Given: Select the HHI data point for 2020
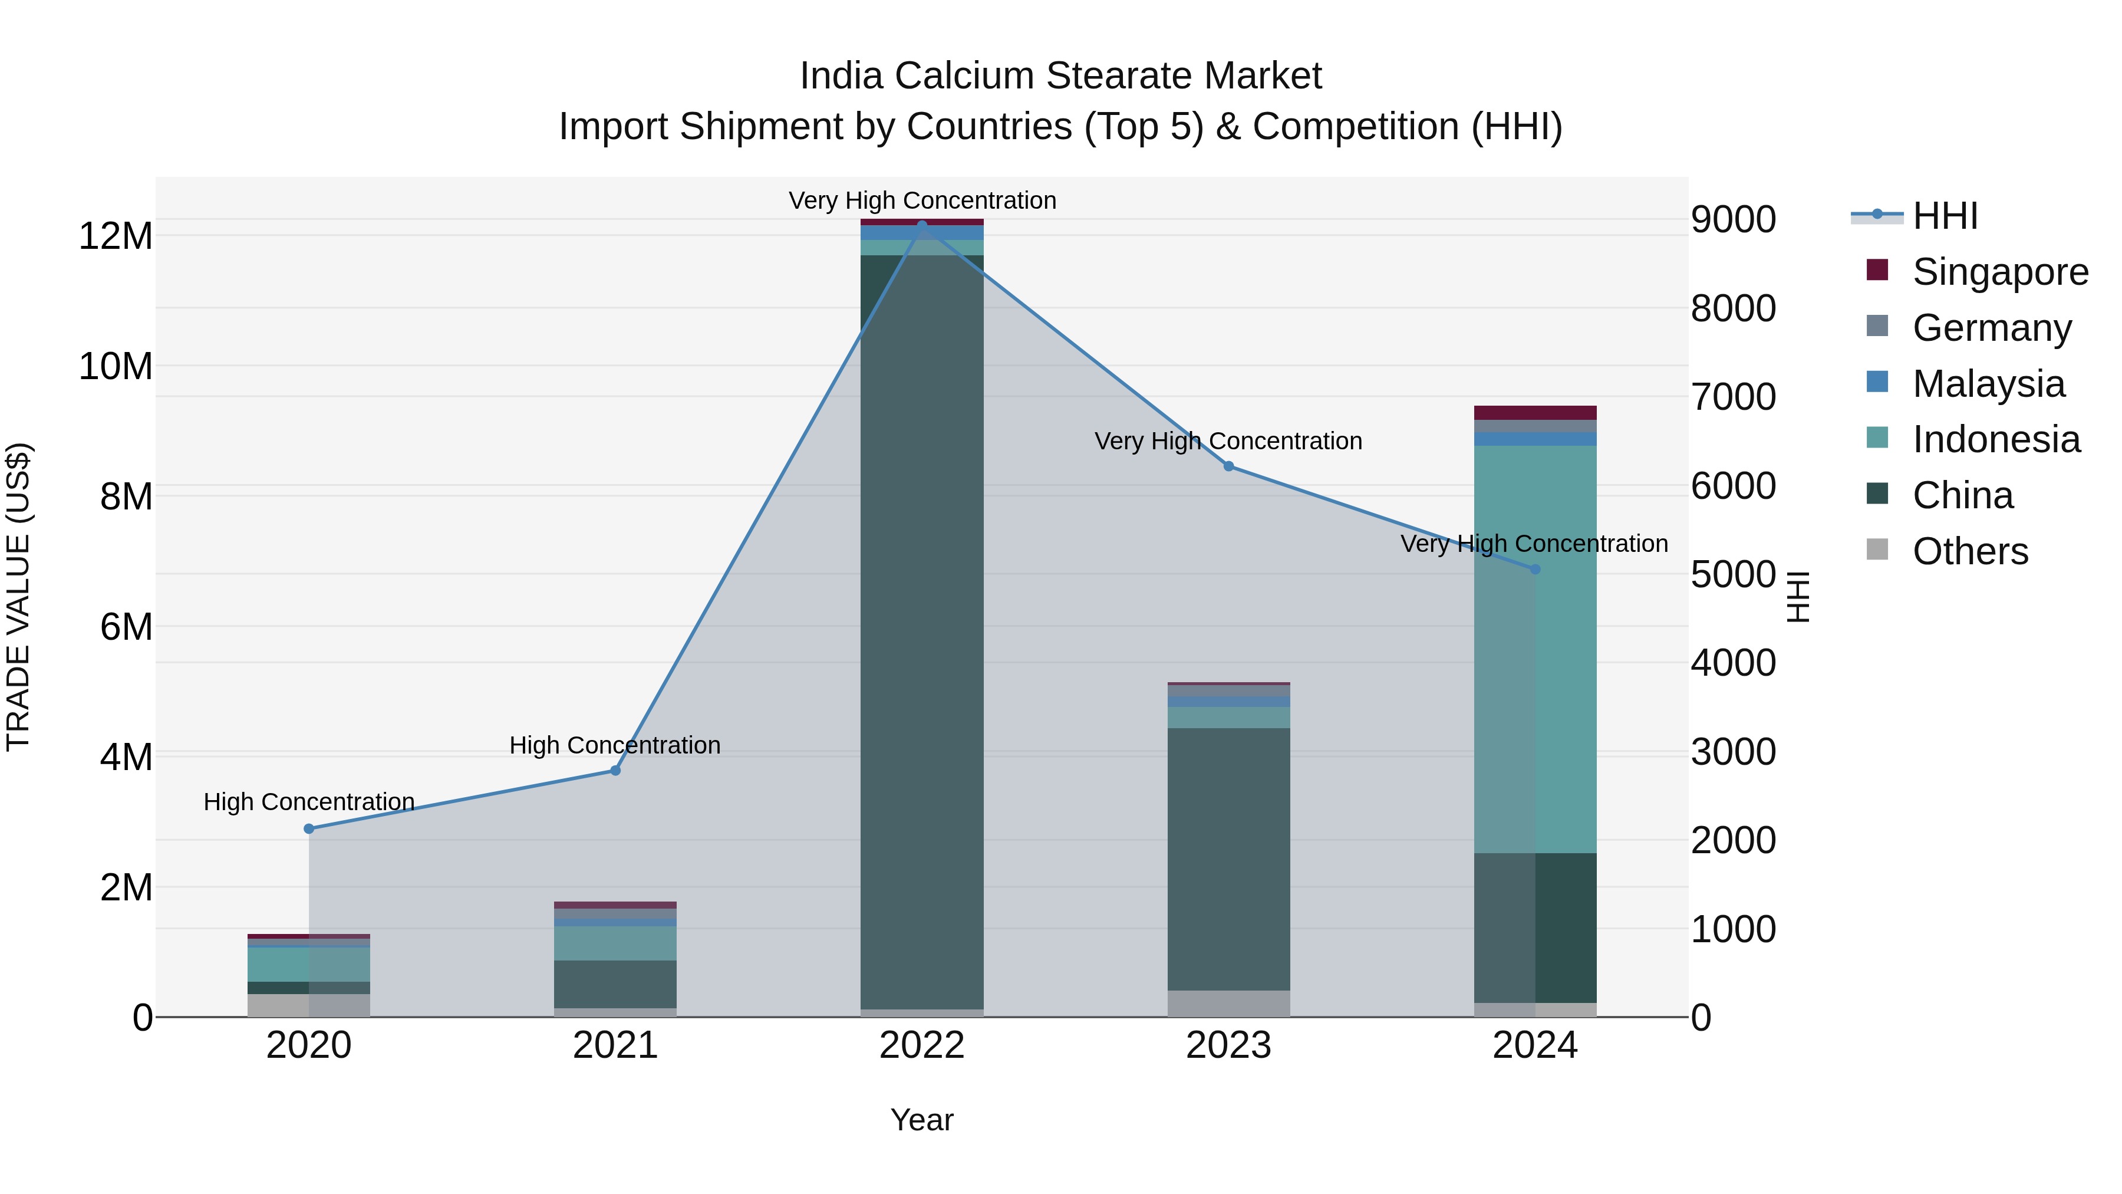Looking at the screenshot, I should pos(309,829).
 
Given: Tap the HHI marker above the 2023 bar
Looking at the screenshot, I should pos(1228,466).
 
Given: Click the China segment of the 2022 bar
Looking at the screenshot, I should pos(922,626).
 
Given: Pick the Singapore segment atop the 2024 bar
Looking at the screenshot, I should pos(1535,413).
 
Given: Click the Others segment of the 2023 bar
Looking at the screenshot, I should pos(1228,1004).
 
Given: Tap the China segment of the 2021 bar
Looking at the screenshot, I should pos(615,984).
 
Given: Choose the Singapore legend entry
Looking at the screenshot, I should pos(1999,272).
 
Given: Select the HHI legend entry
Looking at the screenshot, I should pos(1944,216).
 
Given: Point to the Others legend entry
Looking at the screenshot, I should pos(1969,551).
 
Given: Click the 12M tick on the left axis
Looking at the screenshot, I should pos(116,236).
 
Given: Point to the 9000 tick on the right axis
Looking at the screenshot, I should pos(1733,220).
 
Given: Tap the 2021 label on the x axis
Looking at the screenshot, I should pos(615,1045).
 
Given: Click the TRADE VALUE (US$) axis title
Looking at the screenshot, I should pos(18,597).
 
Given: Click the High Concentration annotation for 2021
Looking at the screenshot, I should pos(615,745).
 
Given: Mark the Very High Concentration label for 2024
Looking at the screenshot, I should pos(1534,544).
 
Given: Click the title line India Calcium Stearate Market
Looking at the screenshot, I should pos(1060,76).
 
